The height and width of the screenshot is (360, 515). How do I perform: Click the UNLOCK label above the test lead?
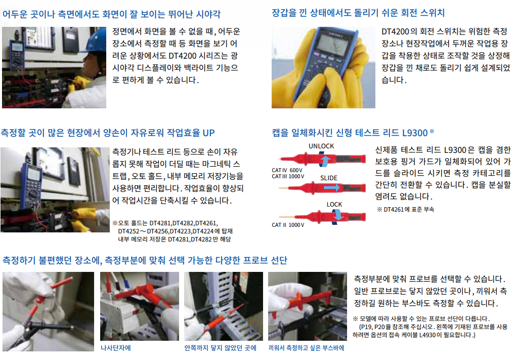click(x=321, y=146)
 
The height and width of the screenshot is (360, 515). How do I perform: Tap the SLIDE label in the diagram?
click(x=329, y=178)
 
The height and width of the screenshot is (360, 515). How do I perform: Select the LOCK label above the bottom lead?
click(x=334, y=204)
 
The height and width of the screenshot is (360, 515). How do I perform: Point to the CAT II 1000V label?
click(x=288, y=225)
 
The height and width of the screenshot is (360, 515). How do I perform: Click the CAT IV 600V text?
click(x=287, y=170)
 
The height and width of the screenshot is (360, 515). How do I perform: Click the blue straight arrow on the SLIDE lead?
click(x=331, y=188)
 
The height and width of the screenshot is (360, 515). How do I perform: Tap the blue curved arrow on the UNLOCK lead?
click(x=324, y=160)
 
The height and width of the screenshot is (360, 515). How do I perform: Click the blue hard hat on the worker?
click(x=97, y=39)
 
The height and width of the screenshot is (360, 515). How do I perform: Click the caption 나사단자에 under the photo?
click(x=116, y=348)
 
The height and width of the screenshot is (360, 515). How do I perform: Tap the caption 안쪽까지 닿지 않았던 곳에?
click(x=220, y=348)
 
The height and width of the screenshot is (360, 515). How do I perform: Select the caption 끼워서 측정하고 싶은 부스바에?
click(x=306, y=348)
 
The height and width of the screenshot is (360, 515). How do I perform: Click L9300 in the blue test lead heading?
click(x=415, y=133)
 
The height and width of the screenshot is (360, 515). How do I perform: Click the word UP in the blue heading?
click(x=208, y=133)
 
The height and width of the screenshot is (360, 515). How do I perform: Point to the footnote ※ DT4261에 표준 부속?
click(x=405, y=210)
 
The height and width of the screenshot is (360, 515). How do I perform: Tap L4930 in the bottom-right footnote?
click(x=428, y=335)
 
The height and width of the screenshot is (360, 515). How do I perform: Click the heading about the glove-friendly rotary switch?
click(x=358, y=13)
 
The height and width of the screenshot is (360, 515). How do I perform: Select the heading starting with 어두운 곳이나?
click(x=112, y=14)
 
